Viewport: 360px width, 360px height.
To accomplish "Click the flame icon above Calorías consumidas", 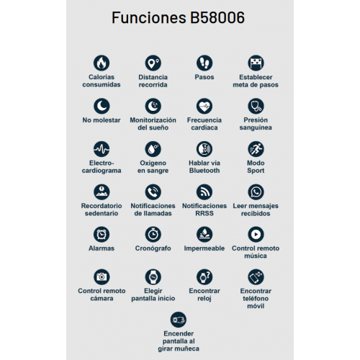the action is pyautogui.click(x=102, y=63).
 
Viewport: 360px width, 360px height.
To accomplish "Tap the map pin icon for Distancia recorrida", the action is pyautogui.click(x=153, y=63).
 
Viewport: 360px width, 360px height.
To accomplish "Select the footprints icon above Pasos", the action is pyautogui.click(x=204, y=63).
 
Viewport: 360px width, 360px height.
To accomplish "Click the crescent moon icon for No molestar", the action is pyautogui.click(x=102, y=106).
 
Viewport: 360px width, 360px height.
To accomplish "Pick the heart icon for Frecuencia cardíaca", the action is pyautogui.click(x=204, y=106).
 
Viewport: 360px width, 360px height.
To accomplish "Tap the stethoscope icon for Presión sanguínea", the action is pyautogui.click(x=256, y=106).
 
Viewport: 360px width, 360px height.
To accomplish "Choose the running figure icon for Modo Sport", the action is pyautogui.click(x=256, y=149).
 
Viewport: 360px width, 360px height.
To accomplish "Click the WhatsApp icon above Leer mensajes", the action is pyautogui.click(x=256, y=192).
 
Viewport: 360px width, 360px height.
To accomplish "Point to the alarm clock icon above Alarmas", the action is pyautogui.click(x=102, y=234).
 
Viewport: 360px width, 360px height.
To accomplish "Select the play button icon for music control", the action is pyautogui.click(x=256, y=234).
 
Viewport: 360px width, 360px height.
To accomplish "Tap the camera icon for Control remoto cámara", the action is pyautogui.click(x=102, y=276).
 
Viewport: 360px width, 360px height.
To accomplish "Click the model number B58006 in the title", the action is pyautogui.click(x=217, y=17).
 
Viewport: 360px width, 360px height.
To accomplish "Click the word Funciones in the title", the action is pyautogui.click(x=149, y=17).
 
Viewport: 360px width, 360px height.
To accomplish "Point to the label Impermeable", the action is pyautogui.click(x=204, y=248).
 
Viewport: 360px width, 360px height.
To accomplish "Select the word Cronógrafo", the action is pyautogui.click(x=153, y=248).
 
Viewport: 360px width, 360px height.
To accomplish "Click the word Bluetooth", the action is pyautogui.click(x=204, y=171).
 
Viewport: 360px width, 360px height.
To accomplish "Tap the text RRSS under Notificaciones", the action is pyautogui.click(x=204, y=213).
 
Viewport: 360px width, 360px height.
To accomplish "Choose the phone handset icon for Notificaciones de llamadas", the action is pyautogui.click(x=153, y=192).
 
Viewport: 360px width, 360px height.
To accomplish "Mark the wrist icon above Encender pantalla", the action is pyautogui.click(x=179, y=320).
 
